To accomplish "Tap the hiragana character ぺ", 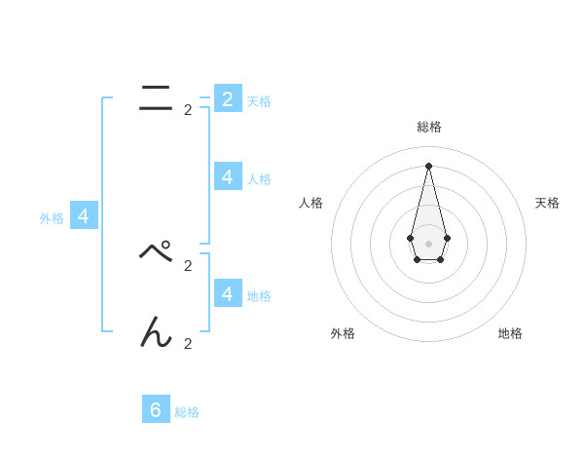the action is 156,252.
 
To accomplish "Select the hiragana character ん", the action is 156,333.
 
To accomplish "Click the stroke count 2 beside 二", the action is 188,110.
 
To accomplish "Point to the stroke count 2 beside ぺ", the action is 188,265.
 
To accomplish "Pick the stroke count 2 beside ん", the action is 188,343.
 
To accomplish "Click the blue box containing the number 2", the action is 228,99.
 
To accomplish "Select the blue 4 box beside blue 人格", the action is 228,177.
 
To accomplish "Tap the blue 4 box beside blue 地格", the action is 228,293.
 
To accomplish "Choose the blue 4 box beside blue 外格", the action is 84,216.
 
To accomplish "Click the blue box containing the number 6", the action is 156,409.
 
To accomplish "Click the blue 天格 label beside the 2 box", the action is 259,101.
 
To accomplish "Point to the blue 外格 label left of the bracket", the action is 52,218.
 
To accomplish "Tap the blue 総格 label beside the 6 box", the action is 187,412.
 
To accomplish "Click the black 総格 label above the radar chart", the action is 428,127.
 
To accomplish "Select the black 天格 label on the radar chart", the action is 547,203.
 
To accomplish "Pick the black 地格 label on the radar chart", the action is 510,333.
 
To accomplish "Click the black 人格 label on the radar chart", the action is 310,203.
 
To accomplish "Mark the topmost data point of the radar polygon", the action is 428,166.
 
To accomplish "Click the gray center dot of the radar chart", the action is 428,243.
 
